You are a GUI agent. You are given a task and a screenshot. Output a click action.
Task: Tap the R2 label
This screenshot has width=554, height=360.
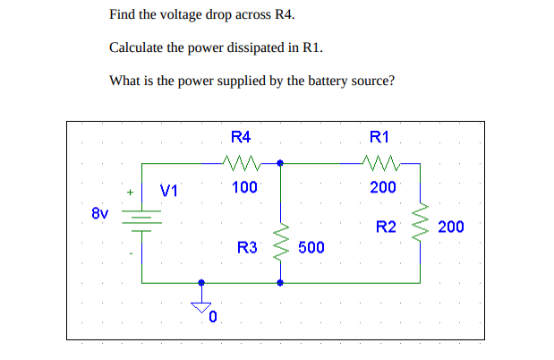tap(386, 227)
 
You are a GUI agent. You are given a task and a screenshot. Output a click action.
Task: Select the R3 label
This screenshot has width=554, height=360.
tap(247, 247)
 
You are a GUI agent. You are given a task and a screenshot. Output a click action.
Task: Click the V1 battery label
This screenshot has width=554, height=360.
tap(169, 190)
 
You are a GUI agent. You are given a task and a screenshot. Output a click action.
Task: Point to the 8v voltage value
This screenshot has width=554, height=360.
tap(99, 214)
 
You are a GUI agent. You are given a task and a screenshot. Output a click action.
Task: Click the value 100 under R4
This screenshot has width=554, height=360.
tap(244, 187)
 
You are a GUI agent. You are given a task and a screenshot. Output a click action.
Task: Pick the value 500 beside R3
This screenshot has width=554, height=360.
tap(311, 247)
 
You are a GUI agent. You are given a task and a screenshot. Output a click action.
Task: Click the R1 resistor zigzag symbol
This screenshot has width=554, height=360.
tap(381, 163)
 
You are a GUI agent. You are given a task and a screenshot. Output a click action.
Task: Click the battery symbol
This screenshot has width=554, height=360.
tap(141, 220)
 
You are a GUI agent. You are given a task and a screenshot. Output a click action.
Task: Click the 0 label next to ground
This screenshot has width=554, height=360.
tap(213, 318)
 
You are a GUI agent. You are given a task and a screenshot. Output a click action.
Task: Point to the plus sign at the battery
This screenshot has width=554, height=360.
tap(130, 191)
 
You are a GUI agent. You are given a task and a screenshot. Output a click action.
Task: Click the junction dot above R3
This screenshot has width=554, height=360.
tap(281, 163)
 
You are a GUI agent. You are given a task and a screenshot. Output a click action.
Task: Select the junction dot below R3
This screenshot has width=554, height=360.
tap(281, 282)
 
